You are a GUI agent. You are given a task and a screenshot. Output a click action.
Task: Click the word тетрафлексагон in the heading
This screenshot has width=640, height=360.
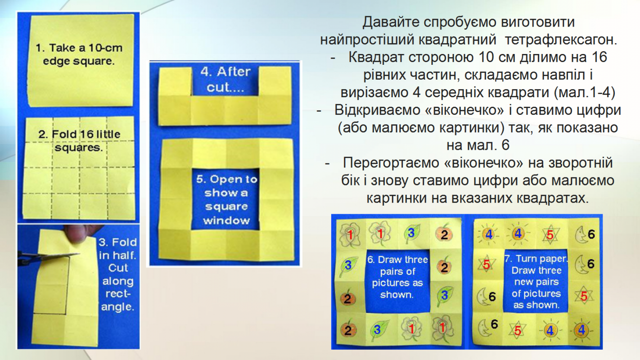561,40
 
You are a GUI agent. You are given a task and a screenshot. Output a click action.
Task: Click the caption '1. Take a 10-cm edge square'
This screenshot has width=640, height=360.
79,54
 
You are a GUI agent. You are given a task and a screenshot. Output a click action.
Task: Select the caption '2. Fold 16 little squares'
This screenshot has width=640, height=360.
79,141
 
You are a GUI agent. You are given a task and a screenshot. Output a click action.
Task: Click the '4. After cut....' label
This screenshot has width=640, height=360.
225,80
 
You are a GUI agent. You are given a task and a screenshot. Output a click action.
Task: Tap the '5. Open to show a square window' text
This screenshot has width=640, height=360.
226,200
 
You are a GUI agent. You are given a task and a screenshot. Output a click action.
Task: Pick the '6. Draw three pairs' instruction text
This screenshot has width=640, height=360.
397,277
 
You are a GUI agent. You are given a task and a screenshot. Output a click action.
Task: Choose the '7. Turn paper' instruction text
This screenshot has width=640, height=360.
536,282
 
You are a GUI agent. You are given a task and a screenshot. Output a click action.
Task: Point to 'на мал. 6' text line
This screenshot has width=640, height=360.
478,145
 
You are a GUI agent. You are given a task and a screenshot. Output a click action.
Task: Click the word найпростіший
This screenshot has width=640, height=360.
367,40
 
